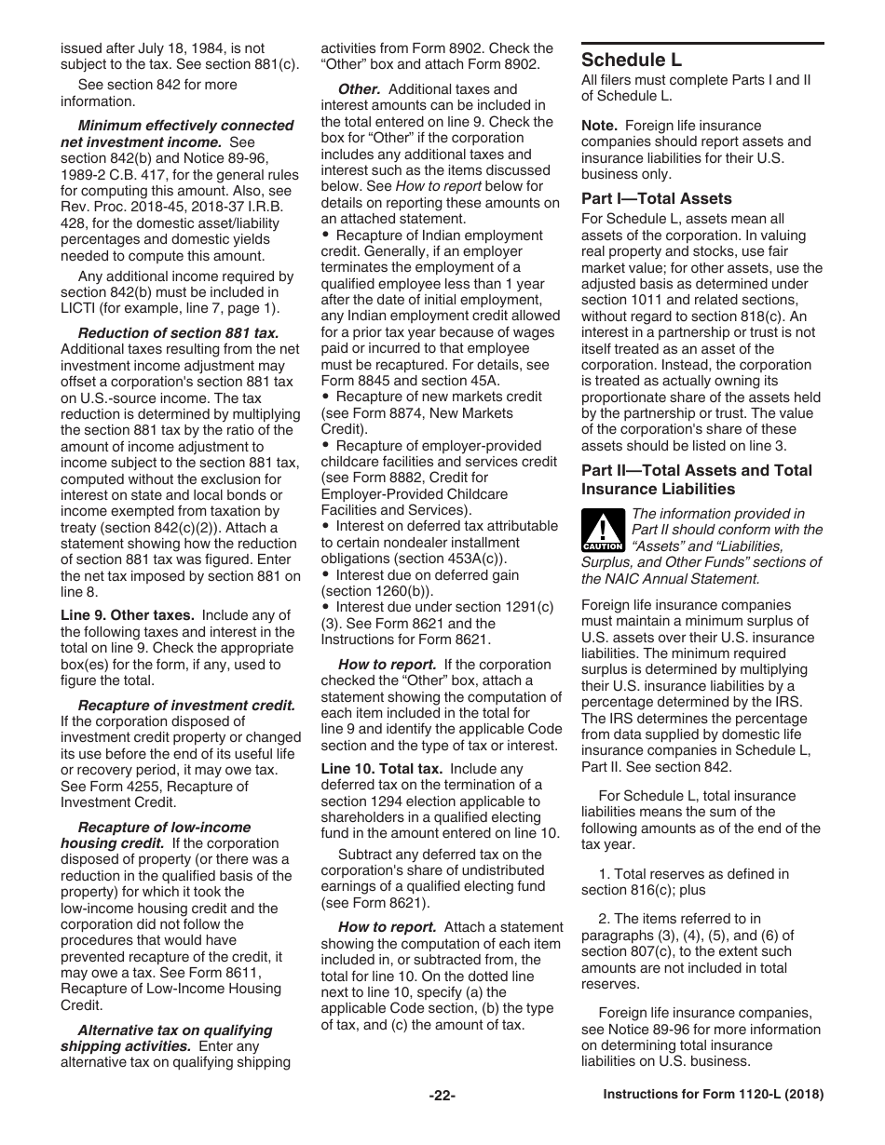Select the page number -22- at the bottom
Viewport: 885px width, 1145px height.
(442, 1096)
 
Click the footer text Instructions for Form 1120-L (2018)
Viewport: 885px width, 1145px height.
(714, 1096)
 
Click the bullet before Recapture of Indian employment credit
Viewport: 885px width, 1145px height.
(326, 236)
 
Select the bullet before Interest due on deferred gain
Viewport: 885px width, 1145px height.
(326, 575)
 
